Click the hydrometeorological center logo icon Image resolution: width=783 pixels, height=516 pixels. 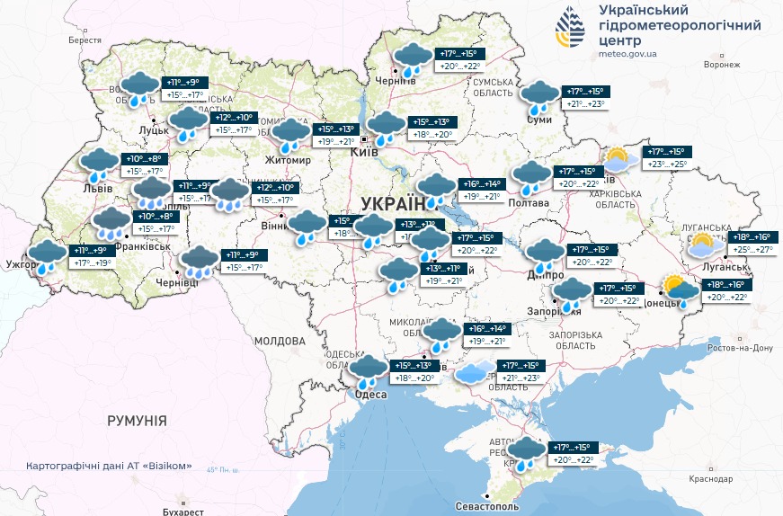pyautogui.click(x=570, y=29)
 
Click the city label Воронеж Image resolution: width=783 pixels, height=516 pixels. pyautogui.click(x=722, y=65)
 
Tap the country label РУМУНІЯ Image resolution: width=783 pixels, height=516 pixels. pyautogui.click(x=137, y=420)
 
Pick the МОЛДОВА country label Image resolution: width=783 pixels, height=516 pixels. pyautogui.click(x=280, y=342)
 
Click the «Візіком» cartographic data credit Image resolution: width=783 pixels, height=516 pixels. pyautogui.click(x=110, y=466)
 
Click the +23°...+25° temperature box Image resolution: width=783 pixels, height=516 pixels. pyautogui.click(x=666, y=165)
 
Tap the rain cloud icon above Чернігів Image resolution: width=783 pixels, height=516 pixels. pyautogui.click(x=412, y=60)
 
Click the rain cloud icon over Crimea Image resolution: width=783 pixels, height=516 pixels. pyautogui.click(x=528, y=453)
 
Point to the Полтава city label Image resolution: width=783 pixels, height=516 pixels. pyautogui.click(x=529, y=203)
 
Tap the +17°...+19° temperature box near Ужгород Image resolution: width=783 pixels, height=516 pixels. pyautogui.click(x=91, y=263)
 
